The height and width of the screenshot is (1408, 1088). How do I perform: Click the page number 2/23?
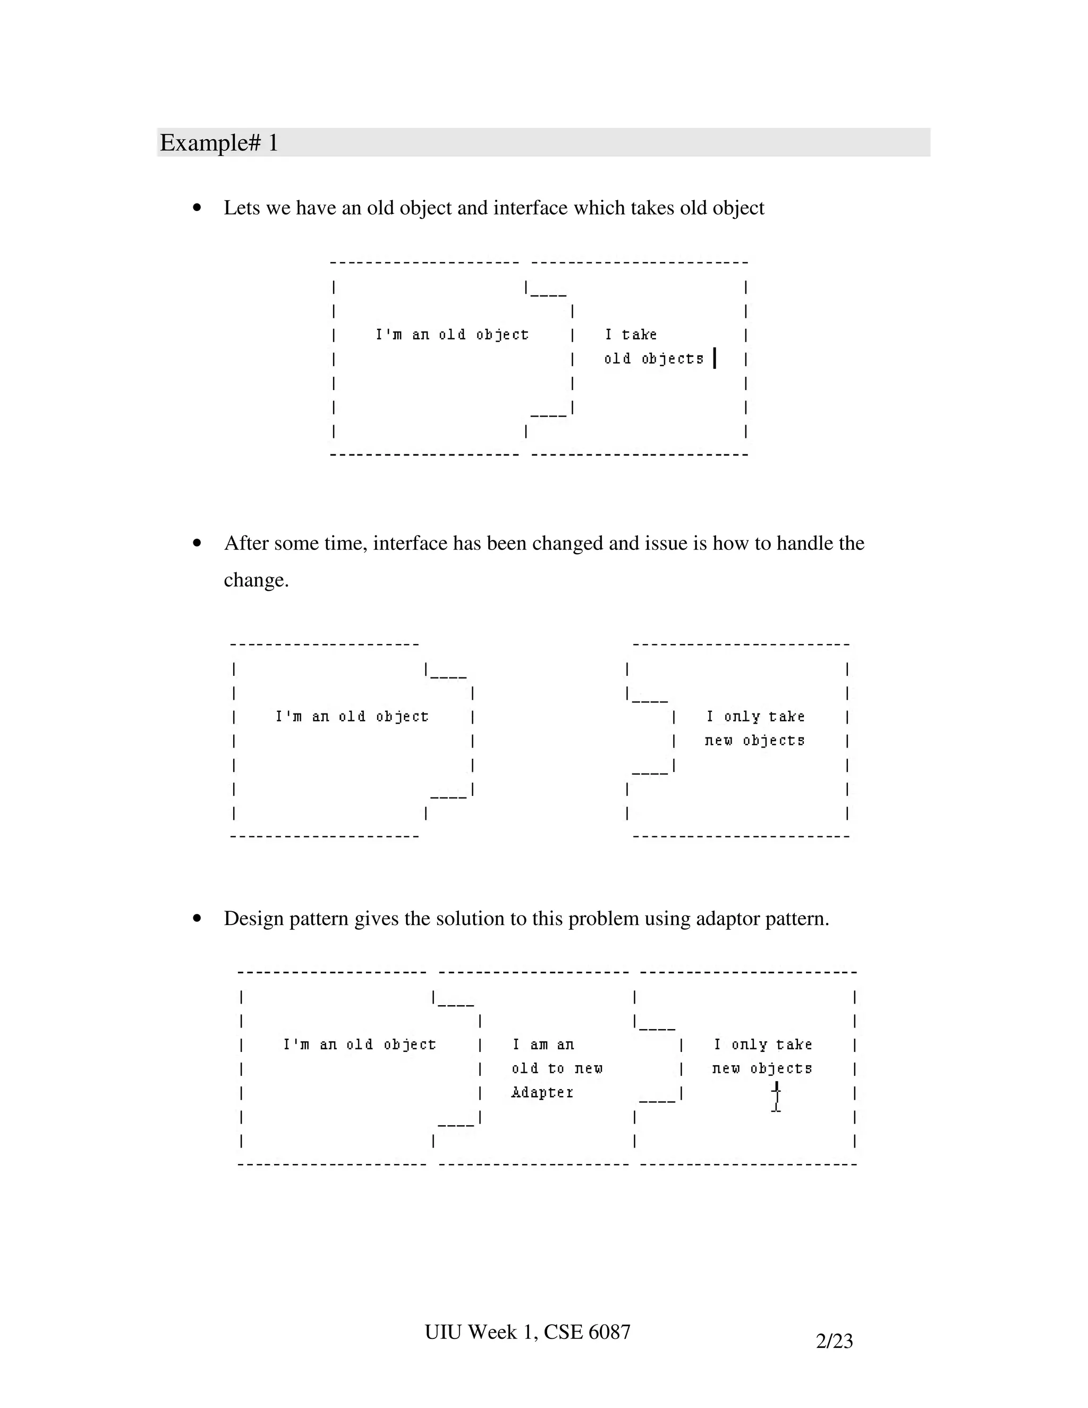pos(834,1341)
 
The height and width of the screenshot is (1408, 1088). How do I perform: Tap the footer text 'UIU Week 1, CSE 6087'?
pos(527,1331)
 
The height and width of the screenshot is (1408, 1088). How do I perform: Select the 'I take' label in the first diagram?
pos(631,335)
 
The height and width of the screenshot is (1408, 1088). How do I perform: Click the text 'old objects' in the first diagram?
pos(653,359)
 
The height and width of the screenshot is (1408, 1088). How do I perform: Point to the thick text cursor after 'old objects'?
pos(715,358)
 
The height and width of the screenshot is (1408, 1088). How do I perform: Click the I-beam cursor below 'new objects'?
pos(777,1097)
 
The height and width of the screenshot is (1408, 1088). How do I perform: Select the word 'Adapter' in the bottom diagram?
pos(542,1092)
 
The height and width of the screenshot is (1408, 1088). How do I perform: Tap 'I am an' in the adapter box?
pos(543,1045)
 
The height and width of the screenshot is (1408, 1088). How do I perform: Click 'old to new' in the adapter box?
pos(557,1068)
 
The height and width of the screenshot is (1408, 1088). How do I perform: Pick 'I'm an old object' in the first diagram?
pos(452,335)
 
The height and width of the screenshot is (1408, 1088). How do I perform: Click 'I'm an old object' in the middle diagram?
pos(352,716)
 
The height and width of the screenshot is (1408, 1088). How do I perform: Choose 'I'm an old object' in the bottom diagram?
pos(360,1045)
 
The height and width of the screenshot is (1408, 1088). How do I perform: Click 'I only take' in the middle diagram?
pos(755,716)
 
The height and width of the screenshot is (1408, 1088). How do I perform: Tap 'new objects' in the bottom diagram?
pos(762,1068)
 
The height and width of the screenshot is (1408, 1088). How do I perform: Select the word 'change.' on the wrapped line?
pos(257,580)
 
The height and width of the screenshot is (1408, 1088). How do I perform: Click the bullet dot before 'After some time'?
pos(197,543)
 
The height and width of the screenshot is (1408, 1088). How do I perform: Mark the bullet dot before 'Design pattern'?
pos(197,918)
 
